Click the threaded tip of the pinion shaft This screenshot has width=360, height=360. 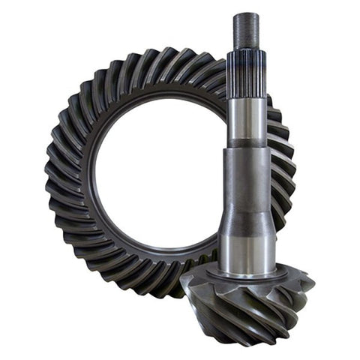click(247, 30)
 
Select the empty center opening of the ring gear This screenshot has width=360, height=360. click(157, 176)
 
